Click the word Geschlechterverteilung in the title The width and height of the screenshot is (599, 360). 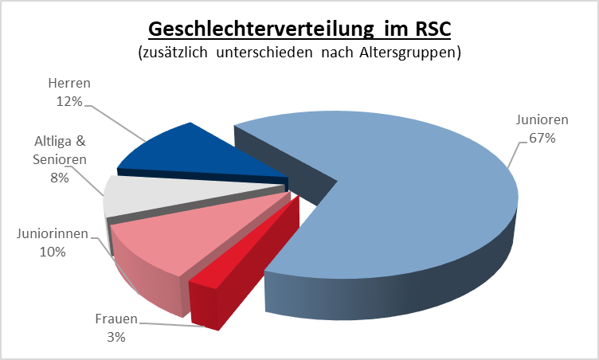tap(261, 29)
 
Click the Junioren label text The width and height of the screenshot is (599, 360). tap(542, 119)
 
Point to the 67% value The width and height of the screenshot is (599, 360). tap(542, 138)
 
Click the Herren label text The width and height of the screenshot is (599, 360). tap(69, 83)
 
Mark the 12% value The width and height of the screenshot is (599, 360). tap(69, 101)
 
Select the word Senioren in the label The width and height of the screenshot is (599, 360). tap(60, 159)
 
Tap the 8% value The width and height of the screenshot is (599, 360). tap(60, 178)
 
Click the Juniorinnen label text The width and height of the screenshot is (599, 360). tap(53, 233)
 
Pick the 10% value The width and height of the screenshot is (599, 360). tap(53, 252)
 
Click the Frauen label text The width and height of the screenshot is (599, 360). tap(116, 319)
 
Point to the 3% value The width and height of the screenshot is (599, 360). tap(116, 337)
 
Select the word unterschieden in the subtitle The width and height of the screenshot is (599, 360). tap(264, 53)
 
